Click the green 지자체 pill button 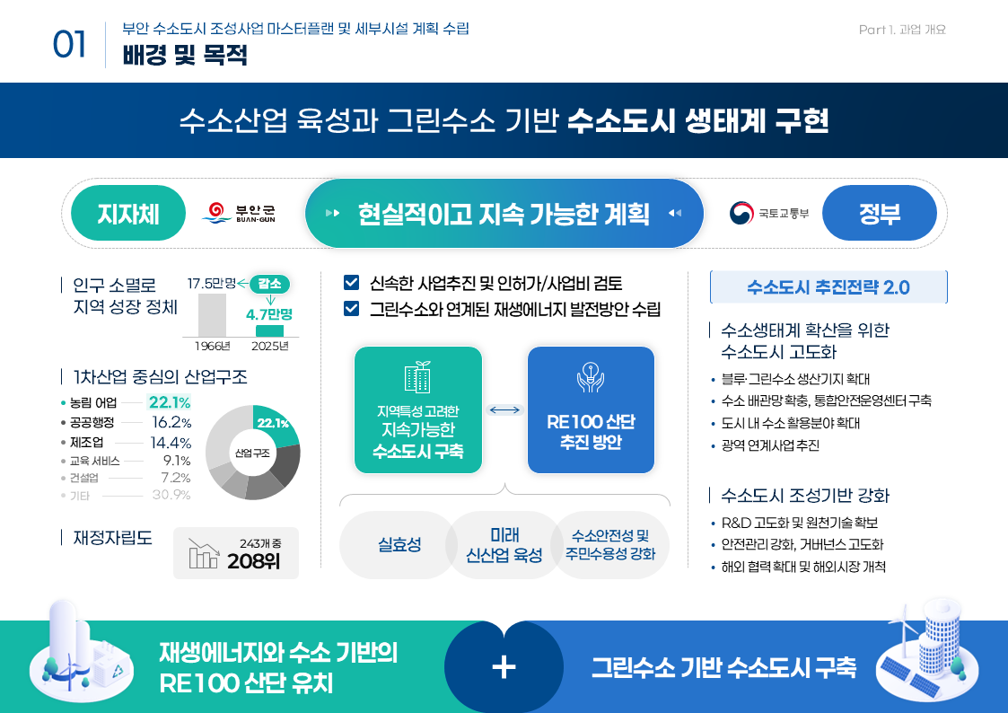128,213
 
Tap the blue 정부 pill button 879,213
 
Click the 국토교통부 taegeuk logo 741,213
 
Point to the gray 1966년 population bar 212,315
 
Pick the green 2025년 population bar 269,331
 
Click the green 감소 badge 270,284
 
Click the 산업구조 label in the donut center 252,453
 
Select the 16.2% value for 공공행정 171,422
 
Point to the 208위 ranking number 253,561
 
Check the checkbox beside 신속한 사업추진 351,282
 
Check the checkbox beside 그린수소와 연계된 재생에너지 351,309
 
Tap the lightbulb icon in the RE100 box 590,377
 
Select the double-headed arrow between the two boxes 504,410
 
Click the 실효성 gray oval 399,545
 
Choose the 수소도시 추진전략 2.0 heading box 828,286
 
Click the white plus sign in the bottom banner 504,667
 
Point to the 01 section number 69,45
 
